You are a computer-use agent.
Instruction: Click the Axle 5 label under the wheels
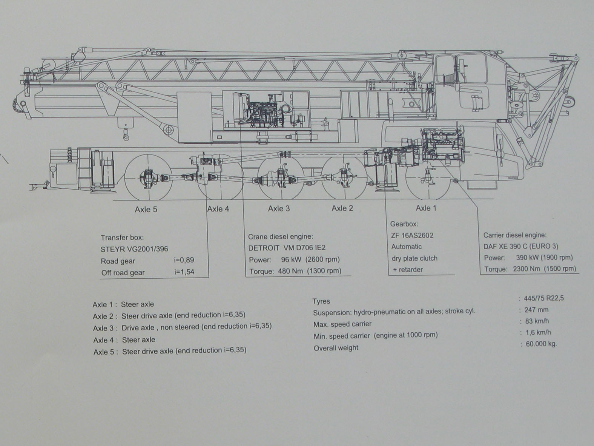pos(146,210)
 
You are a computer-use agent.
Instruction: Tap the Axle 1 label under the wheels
pos(426,208)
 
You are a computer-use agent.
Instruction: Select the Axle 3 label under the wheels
pos(279,208)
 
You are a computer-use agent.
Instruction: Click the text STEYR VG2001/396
pos(134,249)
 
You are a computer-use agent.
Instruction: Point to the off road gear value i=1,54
pos(184,272)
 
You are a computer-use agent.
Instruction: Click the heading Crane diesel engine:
pos(280,237)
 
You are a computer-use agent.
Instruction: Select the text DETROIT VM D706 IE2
pos(287,248)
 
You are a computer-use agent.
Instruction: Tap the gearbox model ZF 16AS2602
pos(412,235)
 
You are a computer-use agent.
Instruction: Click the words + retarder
pos(408,270)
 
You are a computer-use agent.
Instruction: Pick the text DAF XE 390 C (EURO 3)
pos(521,246)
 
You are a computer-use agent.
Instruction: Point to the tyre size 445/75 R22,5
pos(543,298)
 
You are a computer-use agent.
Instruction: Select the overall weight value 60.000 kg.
pos(541,344)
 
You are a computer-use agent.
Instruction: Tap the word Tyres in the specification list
pos(321,301)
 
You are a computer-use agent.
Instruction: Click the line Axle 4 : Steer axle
pos(124,340)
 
